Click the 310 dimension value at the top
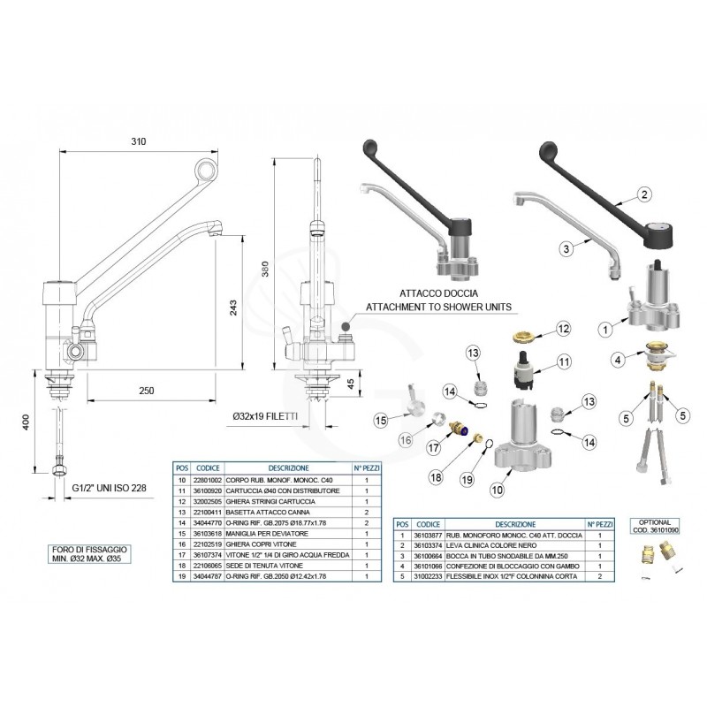[x=137, y=141]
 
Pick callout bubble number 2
[x=644, y=194]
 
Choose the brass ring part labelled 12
[x=524, y=337]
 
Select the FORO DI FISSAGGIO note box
[x=87, y=554]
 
